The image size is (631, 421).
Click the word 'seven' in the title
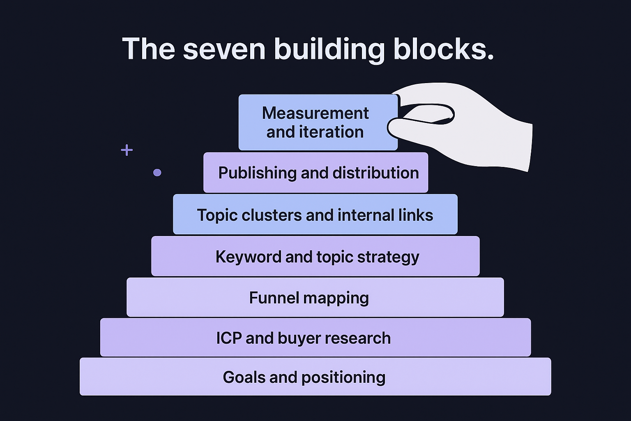224,49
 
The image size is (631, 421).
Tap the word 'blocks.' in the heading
443,49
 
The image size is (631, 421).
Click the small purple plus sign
127,150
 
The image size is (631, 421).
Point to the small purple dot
157,173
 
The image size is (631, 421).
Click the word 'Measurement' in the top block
315,113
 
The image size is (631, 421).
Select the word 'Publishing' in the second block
257,173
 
